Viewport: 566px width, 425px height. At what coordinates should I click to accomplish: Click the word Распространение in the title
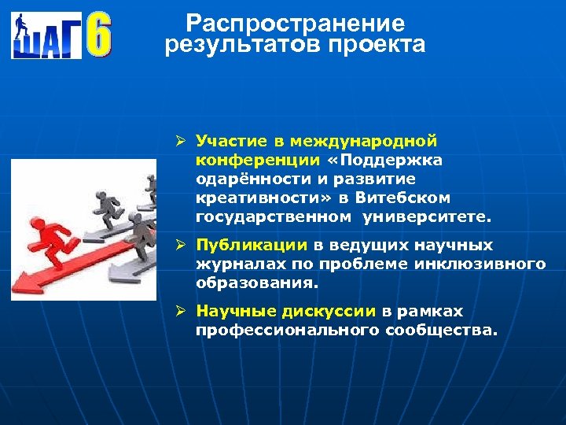coord(296,24)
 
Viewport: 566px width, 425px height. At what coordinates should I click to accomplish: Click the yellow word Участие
coord(232,142)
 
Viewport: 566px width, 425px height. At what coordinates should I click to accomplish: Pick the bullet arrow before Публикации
coord(179,245)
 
